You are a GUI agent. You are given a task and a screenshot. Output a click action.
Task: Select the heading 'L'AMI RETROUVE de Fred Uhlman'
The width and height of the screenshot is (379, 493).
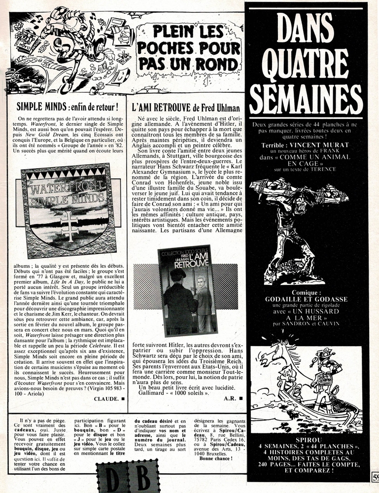click(x=186, y=106)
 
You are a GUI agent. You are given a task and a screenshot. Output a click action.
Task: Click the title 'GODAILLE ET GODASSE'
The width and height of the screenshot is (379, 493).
click(x=306, y=299)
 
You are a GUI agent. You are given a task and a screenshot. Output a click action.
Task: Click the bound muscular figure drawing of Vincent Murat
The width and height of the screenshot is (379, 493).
click(x=296, y=227)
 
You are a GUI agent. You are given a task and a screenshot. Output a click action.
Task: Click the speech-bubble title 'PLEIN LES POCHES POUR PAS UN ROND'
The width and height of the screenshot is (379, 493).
click(x=188, y=49)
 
